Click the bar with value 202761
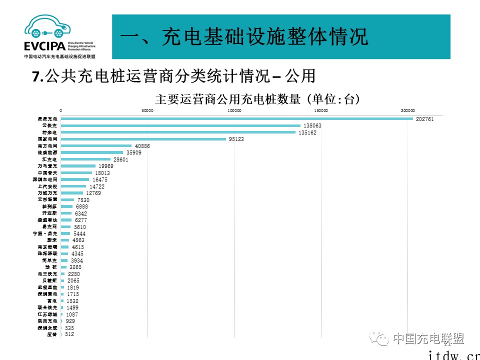[x=236, y=118]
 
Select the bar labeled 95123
[x=143, y=139]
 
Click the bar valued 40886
[x=96, y=145]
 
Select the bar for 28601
[x=85, y=159]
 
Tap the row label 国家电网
[x=48, y=139]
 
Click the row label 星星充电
[x=48, y=118]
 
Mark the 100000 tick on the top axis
[x=234, y=110]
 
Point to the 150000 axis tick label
[x=320, y=110]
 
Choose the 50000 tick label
[x=147, y=110]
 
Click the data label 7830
[x=83, y=200]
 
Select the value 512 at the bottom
[x=69, y=334]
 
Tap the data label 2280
[x=74, y=274]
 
